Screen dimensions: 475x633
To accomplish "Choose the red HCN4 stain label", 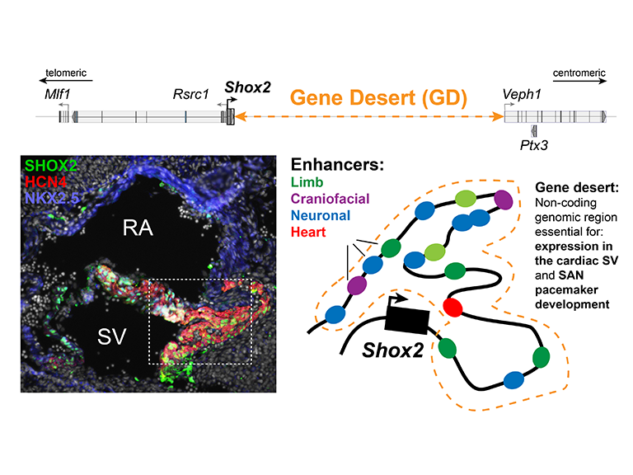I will pyautogui.click(x=47, y=180).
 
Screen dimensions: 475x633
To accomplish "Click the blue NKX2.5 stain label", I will pyautogui.click(x=52, y=195).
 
